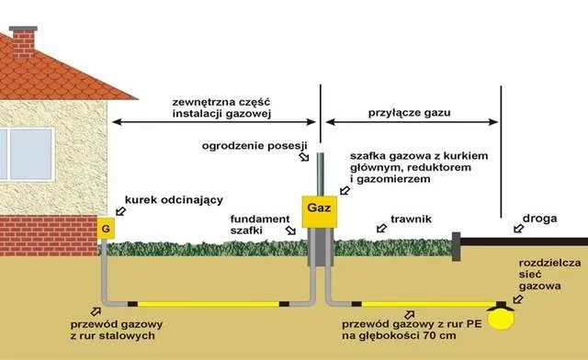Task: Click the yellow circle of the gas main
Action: [x=501, y=317]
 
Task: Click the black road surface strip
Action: [x=524, y=245]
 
